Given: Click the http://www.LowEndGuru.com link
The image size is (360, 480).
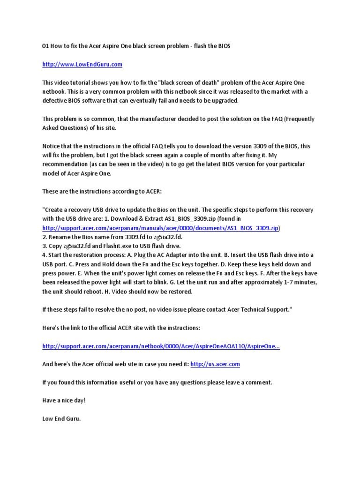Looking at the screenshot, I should pyautogui.click(x=82, y=64).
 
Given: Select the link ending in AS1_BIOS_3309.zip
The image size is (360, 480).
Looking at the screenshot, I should pyautogui.click(x=161, y=228).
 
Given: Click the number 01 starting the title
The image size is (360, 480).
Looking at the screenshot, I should pyautogui.click(x=46, y=46).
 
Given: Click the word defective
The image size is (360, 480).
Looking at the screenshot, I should pyautogui.click(x=57, y=101).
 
